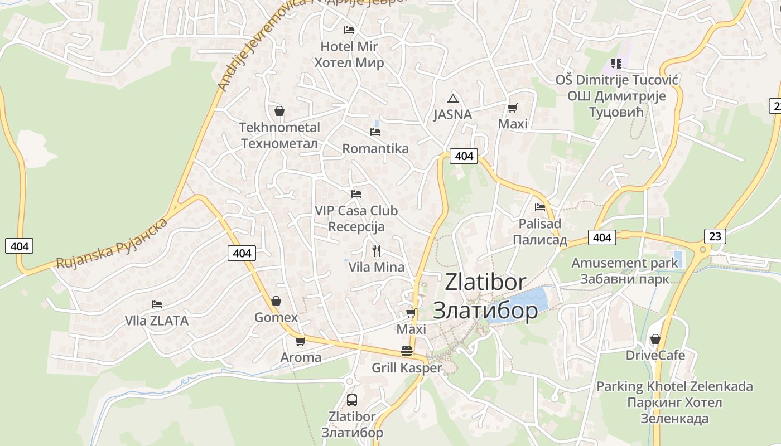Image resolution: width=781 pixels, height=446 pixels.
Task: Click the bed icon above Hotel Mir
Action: click(349, 30)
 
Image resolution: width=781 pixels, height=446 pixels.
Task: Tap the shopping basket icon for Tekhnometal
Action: click(279, 111)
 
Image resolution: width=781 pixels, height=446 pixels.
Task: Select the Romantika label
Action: click(375, 149)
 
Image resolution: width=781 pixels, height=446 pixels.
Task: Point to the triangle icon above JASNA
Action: click(453, 99)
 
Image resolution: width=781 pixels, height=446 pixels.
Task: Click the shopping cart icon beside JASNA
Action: click(512, 108)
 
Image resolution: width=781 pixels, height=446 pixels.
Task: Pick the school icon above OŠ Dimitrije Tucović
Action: click(616, 64)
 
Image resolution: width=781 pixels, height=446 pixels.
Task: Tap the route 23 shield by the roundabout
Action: click(715, 236)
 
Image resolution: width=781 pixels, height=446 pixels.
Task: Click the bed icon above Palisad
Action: click(539, 207)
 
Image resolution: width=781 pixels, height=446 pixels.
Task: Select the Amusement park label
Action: click(624, 263)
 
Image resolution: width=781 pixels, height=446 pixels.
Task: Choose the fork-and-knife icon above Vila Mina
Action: click(377, 251)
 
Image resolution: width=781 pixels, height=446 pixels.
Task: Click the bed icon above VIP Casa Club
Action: click(356, 194)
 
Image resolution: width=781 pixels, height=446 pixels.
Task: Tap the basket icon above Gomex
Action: click(276, 302)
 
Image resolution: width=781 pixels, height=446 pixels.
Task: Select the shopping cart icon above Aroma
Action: click(300, 341)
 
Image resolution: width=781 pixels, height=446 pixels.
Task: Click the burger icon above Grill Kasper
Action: click(407, 351)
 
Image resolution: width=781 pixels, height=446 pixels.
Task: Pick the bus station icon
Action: click(351, 400)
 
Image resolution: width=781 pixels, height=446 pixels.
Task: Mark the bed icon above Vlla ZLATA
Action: click(157, 304)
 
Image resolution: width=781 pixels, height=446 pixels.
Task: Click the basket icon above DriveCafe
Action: click(655, 339)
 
